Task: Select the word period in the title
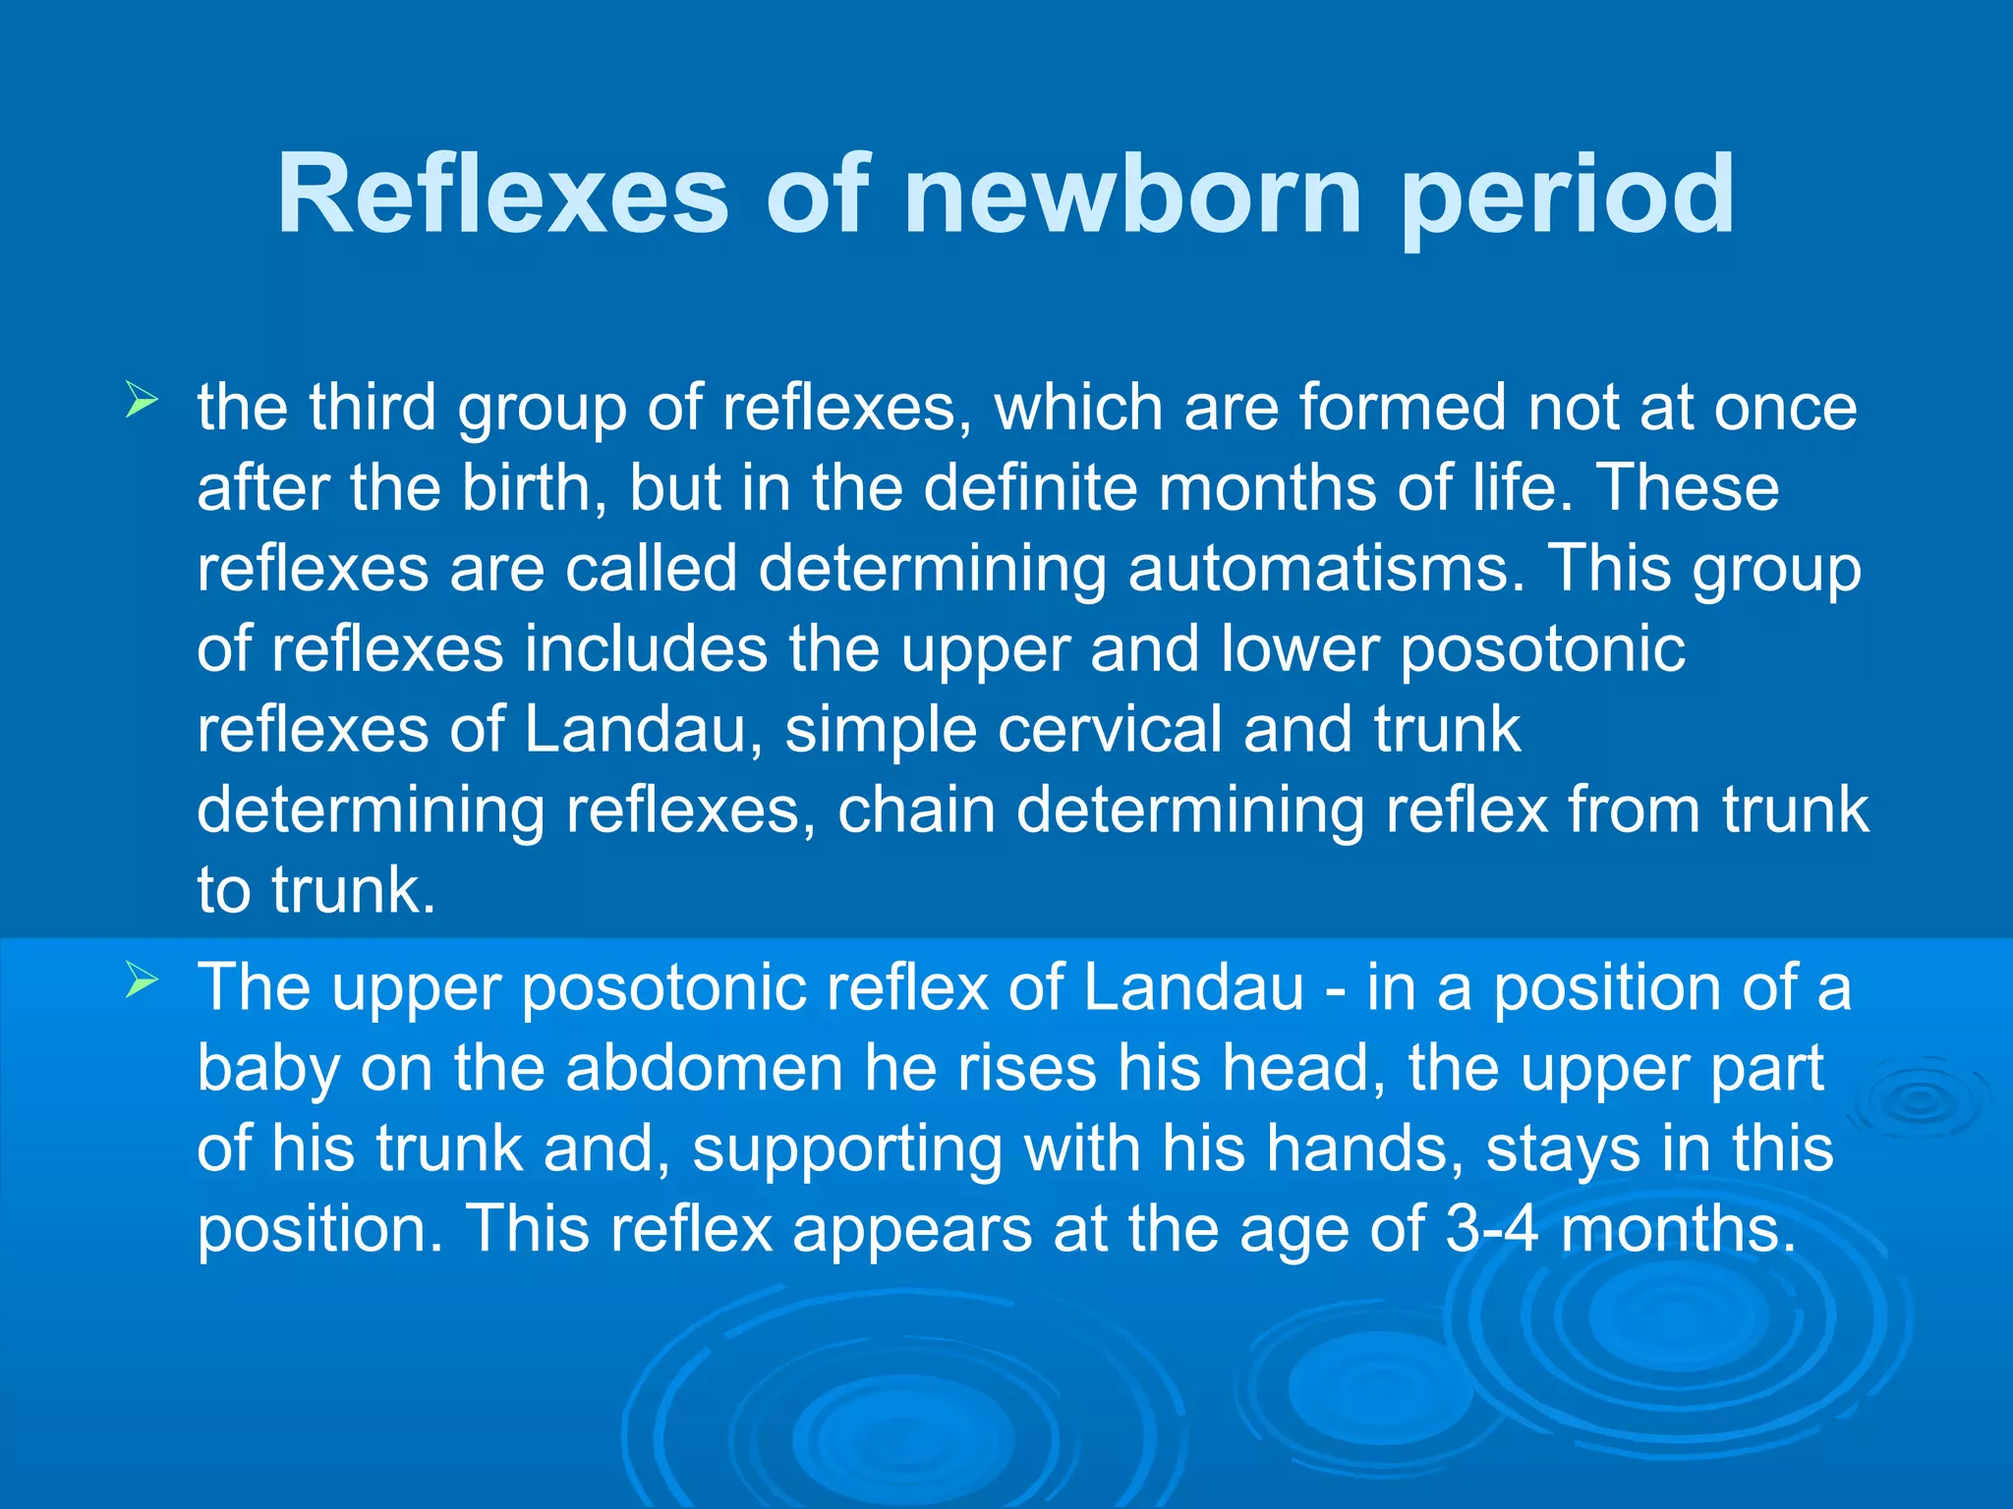click(1568, 196)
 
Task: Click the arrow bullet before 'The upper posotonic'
click(142, 980)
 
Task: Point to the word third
click(372, 407)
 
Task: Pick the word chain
click(916, 810)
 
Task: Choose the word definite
click(1031, 487)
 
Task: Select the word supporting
click(847, 1150)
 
